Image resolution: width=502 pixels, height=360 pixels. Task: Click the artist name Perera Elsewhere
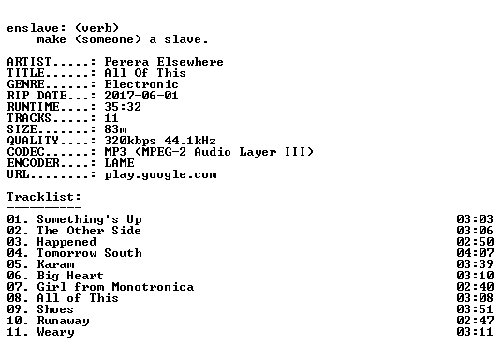[x=164, y=62]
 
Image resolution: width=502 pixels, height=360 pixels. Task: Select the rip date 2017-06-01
[x=141, y=96]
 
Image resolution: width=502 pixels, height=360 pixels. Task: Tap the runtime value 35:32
[x=123, y=107]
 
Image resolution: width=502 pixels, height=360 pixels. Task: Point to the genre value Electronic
[x=141, y=84]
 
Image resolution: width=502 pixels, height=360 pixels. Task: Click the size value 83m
[x=115, y=129]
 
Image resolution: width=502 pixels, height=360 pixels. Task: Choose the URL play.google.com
[x=160, y=174]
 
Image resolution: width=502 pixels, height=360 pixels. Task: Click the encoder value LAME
[x=120, y=163]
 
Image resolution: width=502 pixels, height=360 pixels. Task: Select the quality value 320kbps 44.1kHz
[x=160, y=141]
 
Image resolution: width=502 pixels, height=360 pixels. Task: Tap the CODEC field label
[x=25, y=152]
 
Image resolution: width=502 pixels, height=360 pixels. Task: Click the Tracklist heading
[x=44, y=197]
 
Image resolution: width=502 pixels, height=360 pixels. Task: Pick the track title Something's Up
[x=89, y=219]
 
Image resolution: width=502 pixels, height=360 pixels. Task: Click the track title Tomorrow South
[x=89, y=253]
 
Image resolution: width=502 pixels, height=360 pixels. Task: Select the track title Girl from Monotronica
[x=115, y=287]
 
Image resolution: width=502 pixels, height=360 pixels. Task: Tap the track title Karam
[x=55, y=264]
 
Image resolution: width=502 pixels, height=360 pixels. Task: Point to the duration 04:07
[x=475, y=253]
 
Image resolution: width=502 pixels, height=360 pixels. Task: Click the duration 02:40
[x=475, y=287]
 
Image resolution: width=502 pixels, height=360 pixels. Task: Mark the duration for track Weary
[x=475, y=332]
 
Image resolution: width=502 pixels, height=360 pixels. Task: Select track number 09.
[x=14, y=309]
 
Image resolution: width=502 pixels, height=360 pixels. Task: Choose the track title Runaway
[x=63, y=321]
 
